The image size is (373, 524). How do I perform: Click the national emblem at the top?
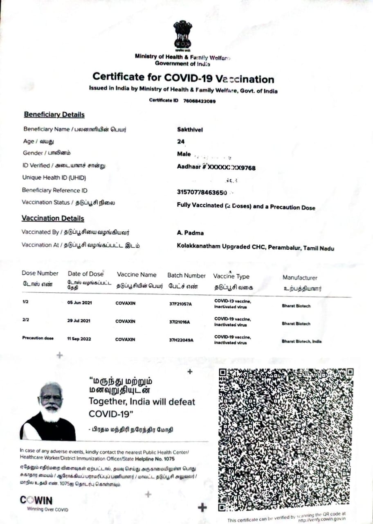(182, 36)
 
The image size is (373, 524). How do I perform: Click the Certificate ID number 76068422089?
(199, 101)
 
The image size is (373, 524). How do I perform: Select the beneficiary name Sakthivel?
(190, 130)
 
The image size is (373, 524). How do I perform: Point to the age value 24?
(181, 142)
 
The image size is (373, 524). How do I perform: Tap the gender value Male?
(184, 154)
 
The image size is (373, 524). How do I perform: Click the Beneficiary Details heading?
(54, 115)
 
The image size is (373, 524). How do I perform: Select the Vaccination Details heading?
(53, 219)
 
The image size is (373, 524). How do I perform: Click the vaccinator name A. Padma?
(190, 233)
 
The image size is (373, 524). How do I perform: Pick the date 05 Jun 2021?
(79, 303)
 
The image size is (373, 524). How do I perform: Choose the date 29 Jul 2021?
(79, 321)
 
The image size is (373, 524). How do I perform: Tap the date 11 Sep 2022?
(79, 339)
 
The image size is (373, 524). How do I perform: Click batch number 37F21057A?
(180, 304)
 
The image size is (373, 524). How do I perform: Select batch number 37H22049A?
(181, 340)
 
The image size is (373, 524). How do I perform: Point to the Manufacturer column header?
(300, 278)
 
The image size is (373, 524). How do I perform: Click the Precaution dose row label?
(38, 338)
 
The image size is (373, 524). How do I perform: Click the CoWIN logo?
(36, 500)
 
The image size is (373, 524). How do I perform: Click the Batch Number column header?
(186, 276)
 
